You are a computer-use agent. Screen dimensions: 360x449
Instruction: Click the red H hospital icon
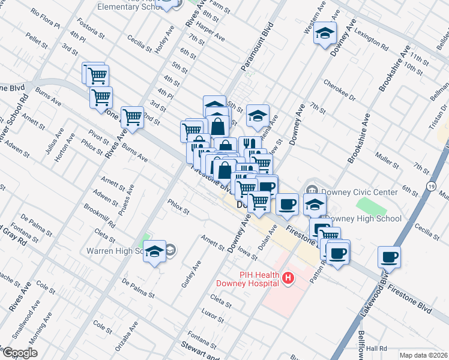pyautogui.click(x=289, y=278)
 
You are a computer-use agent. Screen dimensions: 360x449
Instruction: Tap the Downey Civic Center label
pyautogui.click(x=359, y=192)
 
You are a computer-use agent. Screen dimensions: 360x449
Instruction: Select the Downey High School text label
pyautogui.click(x=363, y=218)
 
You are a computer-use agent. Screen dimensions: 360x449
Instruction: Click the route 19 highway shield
pyautogui.click(x=432, y=187)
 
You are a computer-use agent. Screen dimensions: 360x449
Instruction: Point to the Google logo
pyautogui.click(x=19, y=352)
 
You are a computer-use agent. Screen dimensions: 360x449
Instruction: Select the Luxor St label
pyautogui.click(x=212, y=313)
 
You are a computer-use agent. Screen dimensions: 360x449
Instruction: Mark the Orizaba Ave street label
pyautogui.click(x=127, y=334)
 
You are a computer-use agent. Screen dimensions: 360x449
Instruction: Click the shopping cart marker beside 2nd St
pyautogui.click(x=132, y=118)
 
